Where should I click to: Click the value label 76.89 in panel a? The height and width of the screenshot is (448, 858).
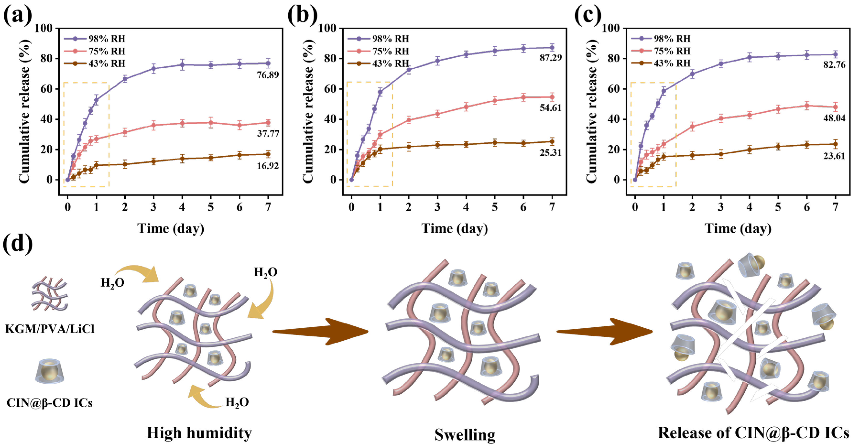pos(268,75)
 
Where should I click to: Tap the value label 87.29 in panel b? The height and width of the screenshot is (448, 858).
pos(551,58)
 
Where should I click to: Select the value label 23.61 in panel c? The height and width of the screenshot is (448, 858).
pos(834,156)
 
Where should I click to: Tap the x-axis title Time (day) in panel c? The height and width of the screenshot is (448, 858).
pos(738,229)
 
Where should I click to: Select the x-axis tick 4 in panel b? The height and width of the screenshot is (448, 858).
pos(466,207)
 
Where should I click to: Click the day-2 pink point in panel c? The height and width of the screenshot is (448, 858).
pos(692,126)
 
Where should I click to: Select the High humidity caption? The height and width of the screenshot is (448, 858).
pos(199,433)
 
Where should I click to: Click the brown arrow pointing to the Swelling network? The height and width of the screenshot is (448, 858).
pos(320,331)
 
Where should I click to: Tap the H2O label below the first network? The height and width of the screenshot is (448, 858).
pos(237,402)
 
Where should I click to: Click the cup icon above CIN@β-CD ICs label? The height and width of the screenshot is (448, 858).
pos(49,371)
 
